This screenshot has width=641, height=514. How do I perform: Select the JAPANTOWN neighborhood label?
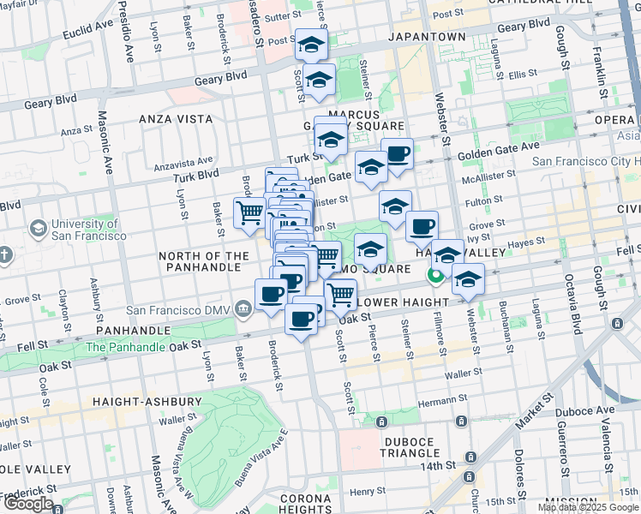point(426,38)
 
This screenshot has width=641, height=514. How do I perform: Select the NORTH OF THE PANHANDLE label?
point(203,261)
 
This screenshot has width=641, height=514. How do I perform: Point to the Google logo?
point(28,504)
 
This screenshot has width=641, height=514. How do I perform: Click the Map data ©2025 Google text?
point(588,507)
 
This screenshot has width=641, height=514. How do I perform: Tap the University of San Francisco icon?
point(38,228)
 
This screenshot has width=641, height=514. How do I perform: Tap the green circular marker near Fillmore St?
point(435,275)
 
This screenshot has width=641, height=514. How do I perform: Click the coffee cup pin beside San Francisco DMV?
point(272,294)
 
